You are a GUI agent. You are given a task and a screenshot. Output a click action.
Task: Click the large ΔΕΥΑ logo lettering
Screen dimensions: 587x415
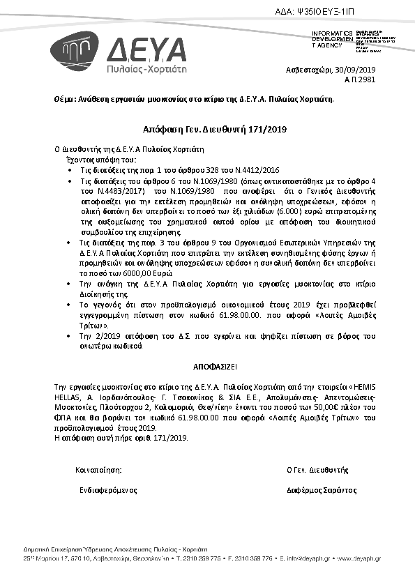tap(147, 50)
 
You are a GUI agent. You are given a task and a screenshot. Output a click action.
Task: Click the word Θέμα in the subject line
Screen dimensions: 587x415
tap(63, 100)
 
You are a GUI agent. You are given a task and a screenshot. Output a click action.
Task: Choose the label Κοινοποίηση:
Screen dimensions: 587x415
tap(98, 471)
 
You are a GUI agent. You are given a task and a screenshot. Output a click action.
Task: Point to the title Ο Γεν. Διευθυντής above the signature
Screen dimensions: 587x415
tap(317, 471)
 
